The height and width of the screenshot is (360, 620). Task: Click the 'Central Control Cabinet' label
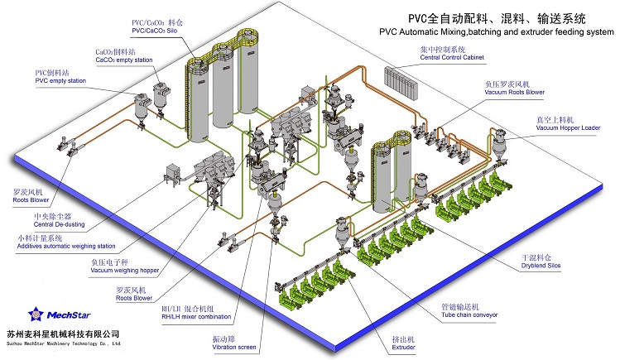[451, 58]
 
